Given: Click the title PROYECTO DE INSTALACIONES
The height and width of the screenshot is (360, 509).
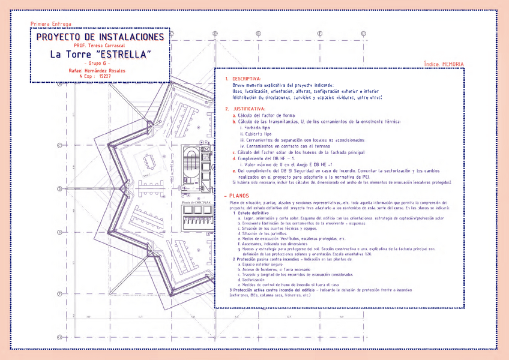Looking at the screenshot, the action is pyautogui.click(x=100, y=37).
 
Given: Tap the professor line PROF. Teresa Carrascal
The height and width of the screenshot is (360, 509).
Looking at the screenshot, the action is pyautogui.click(x=99, y=46).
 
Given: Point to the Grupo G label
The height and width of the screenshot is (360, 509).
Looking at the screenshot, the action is pyautogui.click(x=99, y=63).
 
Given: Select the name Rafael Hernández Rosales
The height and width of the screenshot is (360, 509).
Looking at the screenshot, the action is pyautogui.click(x=99, y=70).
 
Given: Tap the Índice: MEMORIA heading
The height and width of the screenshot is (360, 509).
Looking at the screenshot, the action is pyautogui.click(x=444, y=63).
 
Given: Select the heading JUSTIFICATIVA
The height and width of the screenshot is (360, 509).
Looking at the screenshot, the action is pyautogui.click(x=249, y=109).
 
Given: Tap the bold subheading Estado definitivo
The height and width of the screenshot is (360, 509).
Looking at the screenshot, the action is pyautogui.click(x=252, y=214).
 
